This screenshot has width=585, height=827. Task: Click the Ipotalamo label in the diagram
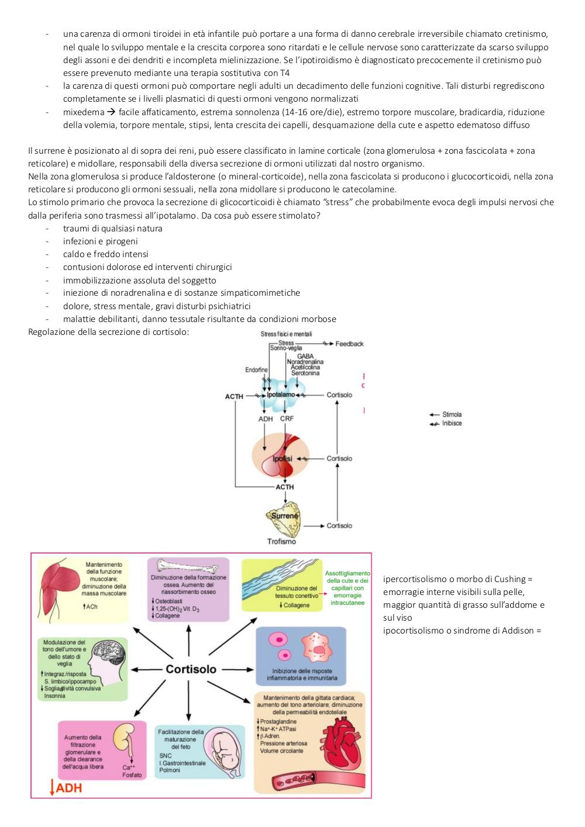pos(281,395)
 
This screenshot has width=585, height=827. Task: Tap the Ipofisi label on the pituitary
pos(283,459)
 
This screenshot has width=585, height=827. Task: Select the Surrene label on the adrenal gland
pos(284,515)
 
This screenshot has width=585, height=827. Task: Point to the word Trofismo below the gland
pos(281,541)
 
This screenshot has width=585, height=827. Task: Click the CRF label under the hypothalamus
pos(287,418)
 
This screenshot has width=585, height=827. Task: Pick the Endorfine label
pos(256,369)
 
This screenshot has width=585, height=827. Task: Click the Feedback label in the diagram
pos(350,344)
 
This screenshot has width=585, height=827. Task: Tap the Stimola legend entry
pos(452,414)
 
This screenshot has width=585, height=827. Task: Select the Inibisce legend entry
pos(452,423)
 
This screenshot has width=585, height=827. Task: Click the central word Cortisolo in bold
pos(191,669)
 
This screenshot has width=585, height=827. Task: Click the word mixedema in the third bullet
pos(84,112)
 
